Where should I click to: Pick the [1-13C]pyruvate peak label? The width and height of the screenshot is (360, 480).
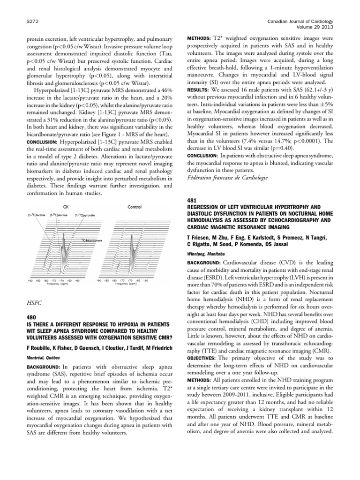coord(85,215)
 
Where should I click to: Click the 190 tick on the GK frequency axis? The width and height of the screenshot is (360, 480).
coord(30,281)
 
